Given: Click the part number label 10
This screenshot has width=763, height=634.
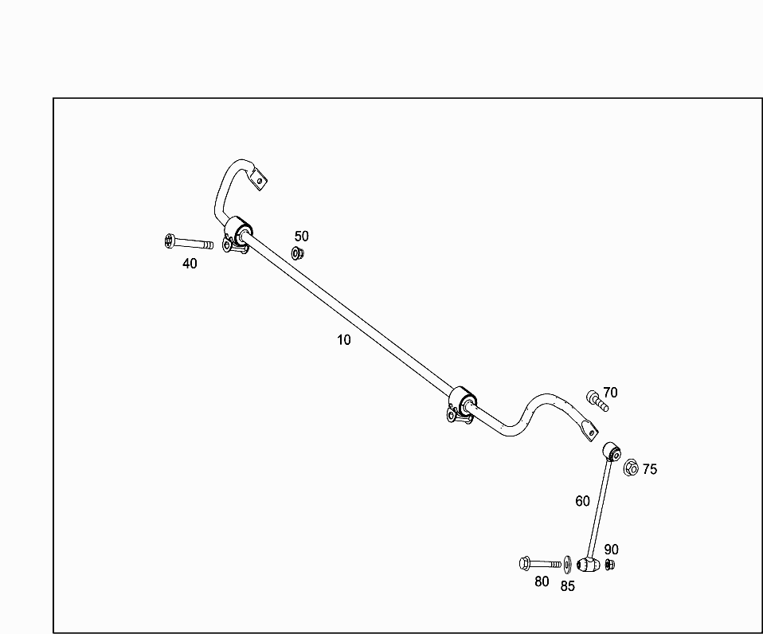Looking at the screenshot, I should coord(343,340).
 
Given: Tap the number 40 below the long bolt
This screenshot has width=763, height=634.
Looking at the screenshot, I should coord(190,264).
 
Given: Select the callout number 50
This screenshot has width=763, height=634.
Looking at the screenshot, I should coord(301,237).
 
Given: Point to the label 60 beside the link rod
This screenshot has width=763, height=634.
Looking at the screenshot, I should coord(583,501).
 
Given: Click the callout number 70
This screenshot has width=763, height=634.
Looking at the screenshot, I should coord(610,392).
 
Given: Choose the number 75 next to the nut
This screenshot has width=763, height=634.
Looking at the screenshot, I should coord(650,469).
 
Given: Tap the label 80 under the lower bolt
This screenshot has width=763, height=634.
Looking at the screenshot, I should coord(542,581).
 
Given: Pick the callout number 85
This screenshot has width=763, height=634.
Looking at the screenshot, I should coord(567,586).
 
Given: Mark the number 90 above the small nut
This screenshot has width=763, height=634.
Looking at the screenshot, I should coord(611,550).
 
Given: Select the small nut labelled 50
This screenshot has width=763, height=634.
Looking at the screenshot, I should coord(298,254).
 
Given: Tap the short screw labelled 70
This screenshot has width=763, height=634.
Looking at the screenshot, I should coord(597,401).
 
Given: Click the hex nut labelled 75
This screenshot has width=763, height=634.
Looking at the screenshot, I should coord(630,468).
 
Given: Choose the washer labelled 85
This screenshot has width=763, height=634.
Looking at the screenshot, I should coord(566,565).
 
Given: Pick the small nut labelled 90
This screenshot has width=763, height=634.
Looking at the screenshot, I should coord(609,565).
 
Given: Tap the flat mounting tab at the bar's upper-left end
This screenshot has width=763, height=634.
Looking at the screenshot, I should coord(259,178).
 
